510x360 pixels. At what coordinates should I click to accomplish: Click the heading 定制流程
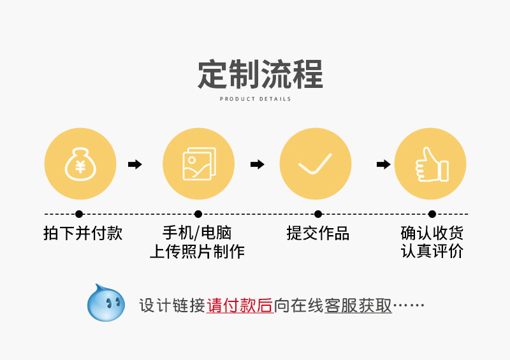click(260, 75)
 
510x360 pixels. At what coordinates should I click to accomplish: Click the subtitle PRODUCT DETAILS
click(255, 99)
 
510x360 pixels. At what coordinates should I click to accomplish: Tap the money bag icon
click(80, 164)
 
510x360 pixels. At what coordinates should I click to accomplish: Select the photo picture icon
click(198, 164)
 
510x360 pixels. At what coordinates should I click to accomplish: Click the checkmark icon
click(316, 164)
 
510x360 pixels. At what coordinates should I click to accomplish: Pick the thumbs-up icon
click(430, 164)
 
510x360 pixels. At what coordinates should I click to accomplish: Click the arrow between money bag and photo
click(135, 164)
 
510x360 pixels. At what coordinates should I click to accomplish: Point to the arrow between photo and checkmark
click(257, 164)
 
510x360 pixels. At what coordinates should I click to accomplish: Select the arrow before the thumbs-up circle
click(383, 164)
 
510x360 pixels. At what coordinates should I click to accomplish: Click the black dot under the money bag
click(79, 214)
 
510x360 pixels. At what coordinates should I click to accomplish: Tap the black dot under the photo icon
click(198, 214)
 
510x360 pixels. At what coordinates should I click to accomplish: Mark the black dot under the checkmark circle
click(317, 214)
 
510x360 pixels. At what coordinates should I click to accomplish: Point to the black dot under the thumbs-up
click(432, 214)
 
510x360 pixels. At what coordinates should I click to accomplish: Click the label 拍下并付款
click(82, 233)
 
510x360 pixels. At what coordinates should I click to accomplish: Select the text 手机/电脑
click(198, 233)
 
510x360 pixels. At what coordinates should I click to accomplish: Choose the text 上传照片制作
click(197, 252)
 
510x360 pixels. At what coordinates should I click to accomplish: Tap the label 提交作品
click(317, 233)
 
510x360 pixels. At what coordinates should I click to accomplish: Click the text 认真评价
click(432, 252)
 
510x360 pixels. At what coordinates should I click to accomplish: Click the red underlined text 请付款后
click(240, 306)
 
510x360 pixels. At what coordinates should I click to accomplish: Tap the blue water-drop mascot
click(105, 303)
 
